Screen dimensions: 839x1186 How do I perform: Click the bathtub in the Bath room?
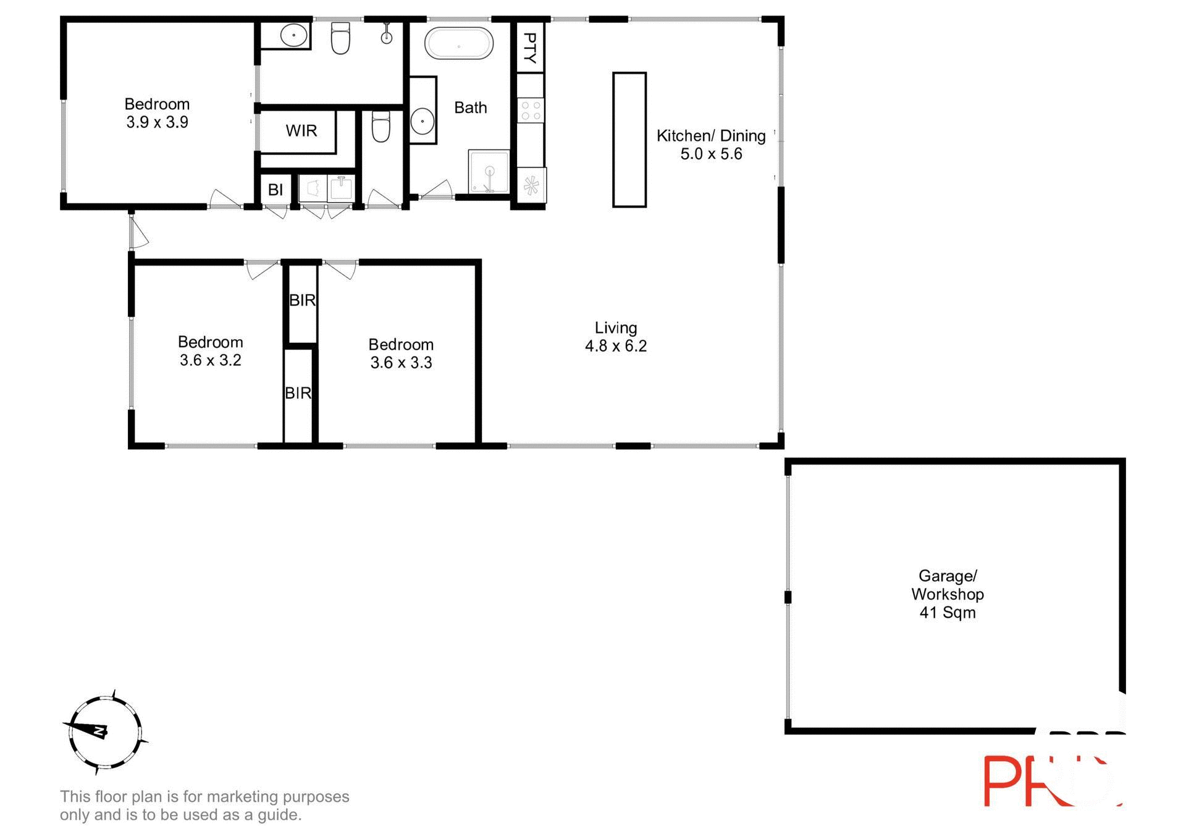[x=458, y=44]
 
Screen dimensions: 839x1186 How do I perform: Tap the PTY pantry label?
[x=530, y=48]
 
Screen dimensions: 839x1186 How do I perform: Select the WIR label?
[x=301, y=130]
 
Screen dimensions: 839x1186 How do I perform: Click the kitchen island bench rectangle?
[x=629, y=140]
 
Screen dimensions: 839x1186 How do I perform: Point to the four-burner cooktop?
[x=530, y=111]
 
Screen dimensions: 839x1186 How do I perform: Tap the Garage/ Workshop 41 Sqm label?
[x=947, y=594]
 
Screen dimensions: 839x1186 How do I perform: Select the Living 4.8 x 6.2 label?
[x=615, y=337]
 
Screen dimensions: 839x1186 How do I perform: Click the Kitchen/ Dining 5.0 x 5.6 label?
[x=710, y=145]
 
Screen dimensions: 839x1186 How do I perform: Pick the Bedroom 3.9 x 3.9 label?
[x=157, y=113]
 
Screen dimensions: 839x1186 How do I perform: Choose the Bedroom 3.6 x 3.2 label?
[x=210, y=351]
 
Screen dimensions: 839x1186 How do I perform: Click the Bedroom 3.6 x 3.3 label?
[x=400, y=353]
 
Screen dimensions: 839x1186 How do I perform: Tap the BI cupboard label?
[x=275, y=190]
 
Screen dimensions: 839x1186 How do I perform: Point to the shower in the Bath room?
[x=489, y=171]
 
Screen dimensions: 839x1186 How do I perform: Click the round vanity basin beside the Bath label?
[x=423, y=120]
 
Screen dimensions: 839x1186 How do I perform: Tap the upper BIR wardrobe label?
[x=302, y=300]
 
